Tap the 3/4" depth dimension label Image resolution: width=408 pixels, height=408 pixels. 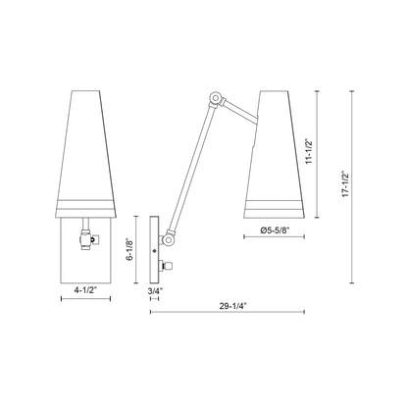coord(156,290)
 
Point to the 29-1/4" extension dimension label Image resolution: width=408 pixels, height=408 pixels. coord(231,304)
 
